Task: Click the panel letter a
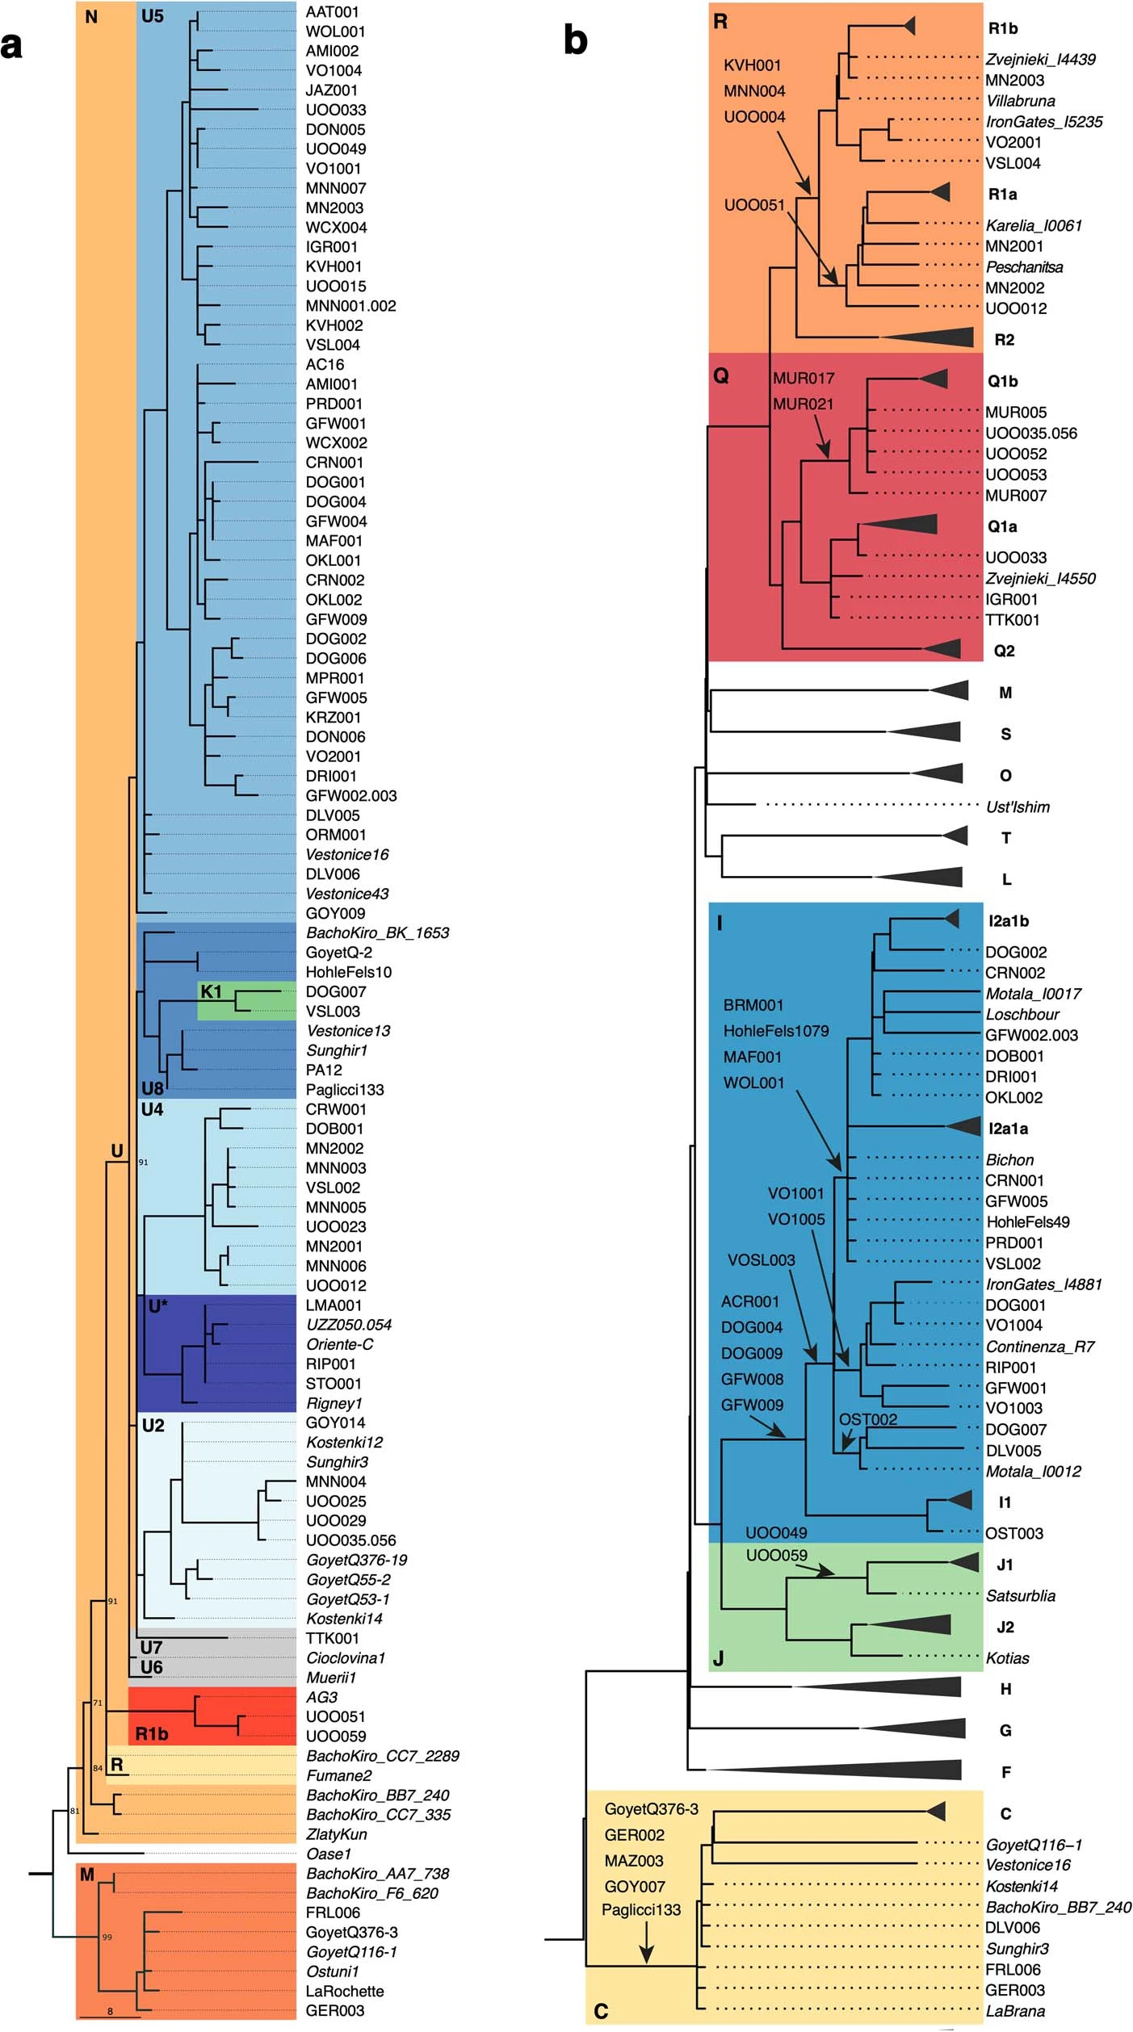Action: pyautogui.click(x=11, y=46)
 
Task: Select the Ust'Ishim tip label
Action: pyautogui.click(x=1018, y=807)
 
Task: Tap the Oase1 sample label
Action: pyautogui.click(x=329, y=1854)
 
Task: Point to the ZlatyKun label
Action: pyautogui.click(x=336, y=1834)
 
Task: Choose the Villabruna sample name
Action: pyautogui.click(x=1021, y=101)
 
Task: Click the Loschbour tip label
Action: pyautogui.click(x=1022, y=1014)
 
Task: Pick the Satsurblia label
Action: pyautogui.click(x=1021, y=1595)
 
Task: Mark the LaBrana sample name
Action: pyautogui.click(x=1015, y=2011)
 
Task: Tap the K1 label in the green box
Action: pyautogui.click(x=211, y=991)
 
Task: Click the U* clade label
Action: pyautogui.click(x=157, y=1305)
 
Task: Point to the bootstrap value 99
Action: pyautogui.click(x=107, y=1937)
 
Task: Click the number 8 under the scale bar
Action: pyautogui.click(x=111, y=2012)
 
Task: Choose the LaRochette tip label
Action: pyautogui.click(x=345, y=1991)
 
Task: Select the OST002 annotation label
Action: pyautogui.click(x=868, y=1419)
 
